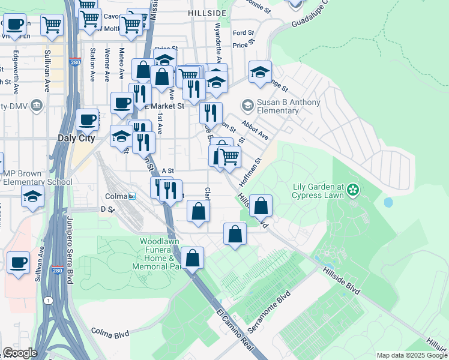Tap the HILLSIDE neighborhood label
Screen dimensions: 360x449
pyautogui.click(x=208, y=13)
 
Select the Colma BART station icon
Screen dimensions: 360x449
pyautogui.click(x=131, y=196)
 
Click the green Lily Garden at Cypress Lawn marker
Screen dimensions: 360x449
pyautogui.click(x=352, y=190)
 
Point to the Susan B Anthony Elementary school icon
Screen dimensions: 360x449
pyautogui.click(x=247, y=106)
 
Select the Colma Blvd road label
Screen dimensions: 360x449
pyautogui.click(x=110, y=330)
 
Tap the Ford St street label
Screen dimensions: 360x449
pyautogui.click(x=243, y=33)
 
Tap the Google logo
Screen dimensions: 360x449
pyautogui.click(x=19, y=353)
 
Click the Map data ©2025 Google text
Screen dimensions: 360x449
pyautogui.click(x=412, y=355)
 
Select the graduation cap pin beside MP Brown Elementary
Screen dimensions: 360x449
pyautogui.click(x=32, y=196)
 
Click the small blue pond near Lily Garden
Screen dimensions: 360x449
pyautogui.click(x=388, y=202)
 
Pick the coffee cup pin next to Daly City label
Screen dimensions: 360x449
pyautogui.click(x=88, y=119)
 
